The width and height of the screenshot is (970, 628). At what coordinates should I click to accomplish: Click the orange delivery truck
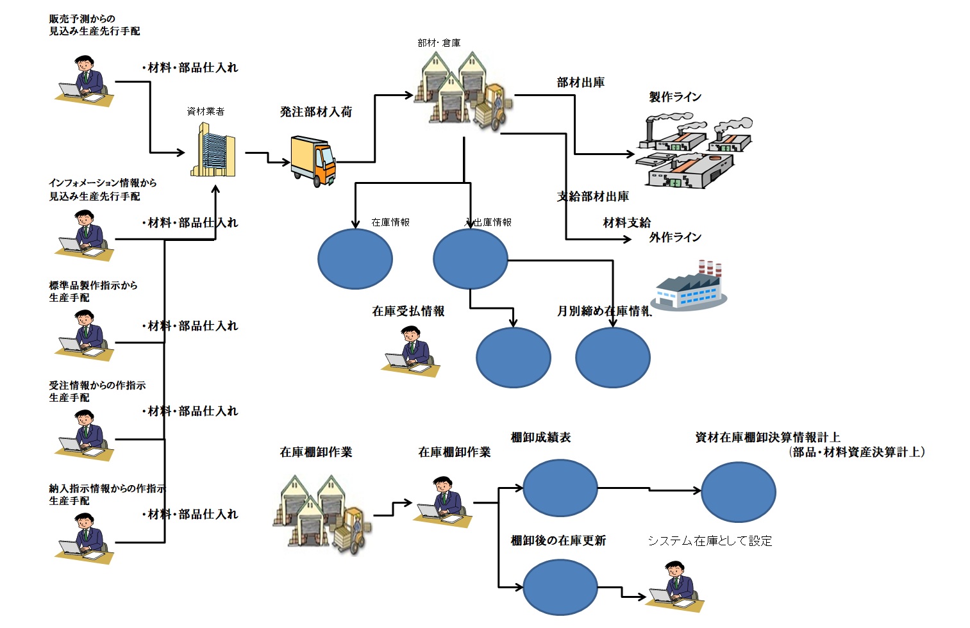[313, 160]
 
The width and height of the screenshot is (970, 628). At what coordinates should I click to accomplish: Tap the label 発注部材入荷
[315, 112]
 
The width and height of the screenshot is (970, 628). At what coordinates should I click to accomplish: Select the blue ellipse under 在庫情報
[355, 259]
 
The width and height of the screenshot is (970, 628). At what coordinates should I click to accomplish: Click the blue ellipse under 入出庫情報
[470, 259]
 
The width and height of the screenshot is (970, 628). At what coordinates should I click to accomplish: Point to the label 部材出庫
[580, 83]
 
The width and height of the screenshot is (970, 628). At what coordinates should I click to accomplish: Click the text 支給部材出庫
[592, 197]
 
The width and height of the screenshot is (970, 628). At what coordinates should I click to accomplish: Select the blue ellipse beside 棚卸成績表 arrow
[560, 488]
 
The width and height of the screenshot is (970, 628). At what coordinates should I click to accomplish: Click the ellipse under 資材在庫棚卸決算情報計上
[738, 492]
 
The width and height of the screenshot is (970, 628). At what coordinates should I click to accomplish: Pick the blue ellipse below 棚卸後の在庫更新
[560, 587]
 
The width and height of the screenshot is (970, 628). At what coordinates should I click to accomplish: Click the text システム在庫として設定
[709, 541]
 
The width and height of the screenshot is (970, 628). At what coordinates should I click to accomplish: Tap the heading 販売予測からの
[82, 19]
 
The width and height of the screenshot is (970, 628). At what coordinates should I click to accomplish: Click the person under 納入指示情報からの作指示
[84, 538]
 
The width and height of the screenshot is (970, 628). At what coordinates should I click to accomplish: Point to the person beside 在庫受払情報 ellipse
[412, 351]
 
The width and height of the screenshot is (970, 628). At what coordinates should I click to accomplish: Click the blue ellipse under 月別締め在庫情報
[612, 358]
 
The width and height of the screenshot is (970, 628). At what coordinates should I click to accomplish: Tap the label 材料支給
[626, 223]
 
